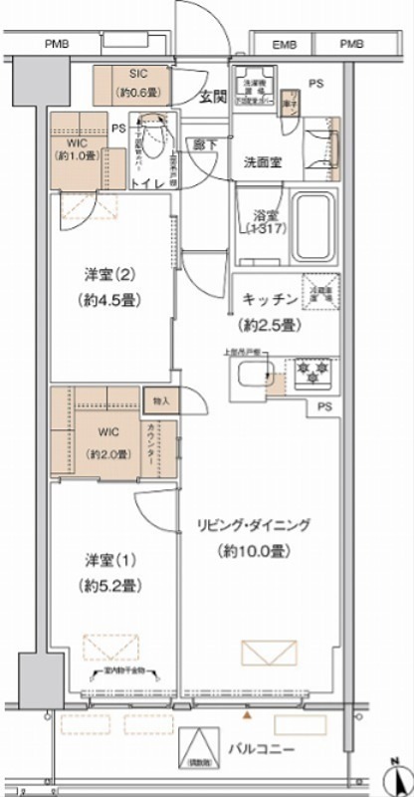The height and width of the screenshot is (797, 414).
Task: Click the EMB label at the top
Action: tap(285, 44)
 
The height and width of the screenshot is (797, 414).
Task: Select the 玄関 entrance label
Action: tap(210, 97)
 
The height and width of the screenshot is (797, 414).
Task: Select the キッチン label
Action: tap(266, 299)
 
